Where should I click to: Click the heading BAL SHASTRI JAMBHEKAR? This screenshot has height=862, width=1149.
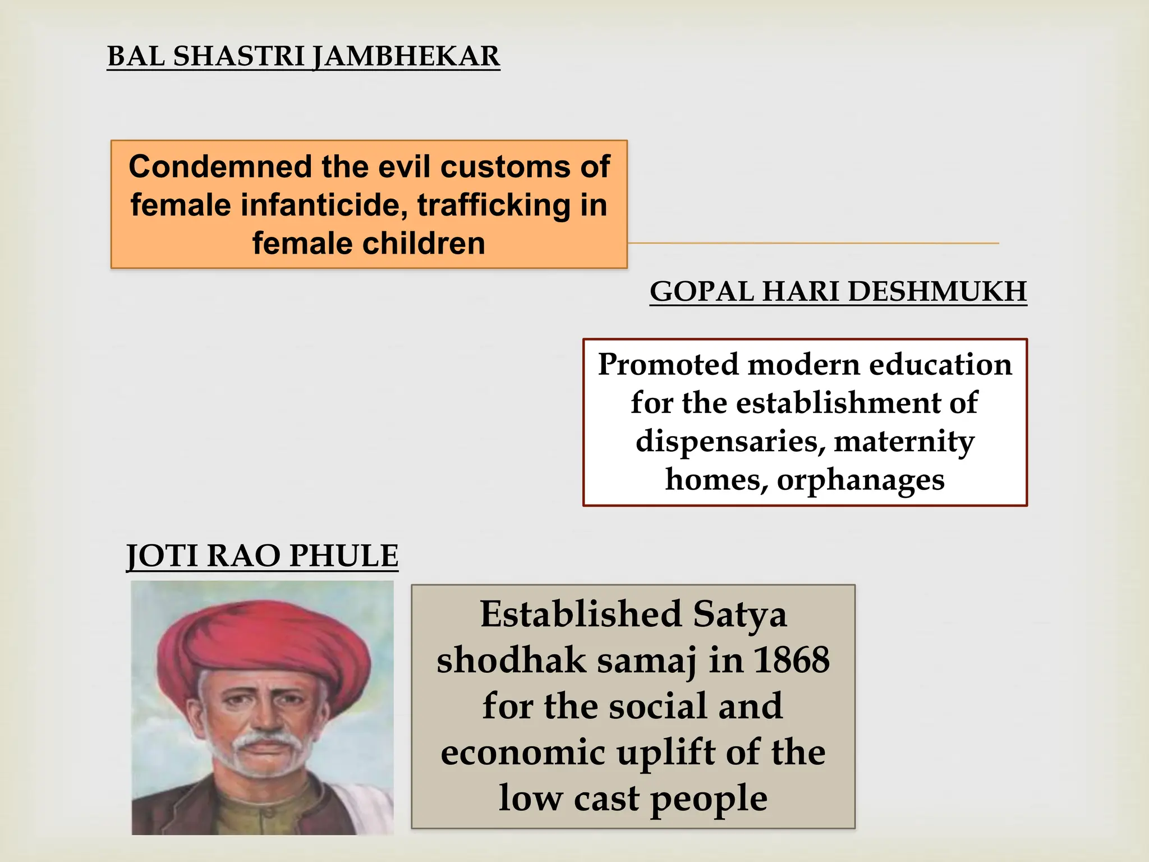[303, 57]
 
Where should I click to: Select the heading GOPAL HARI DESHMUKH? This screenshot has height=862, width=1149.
[838, 292]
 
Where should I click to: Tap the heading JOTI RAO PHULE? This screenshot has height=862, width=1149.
[262, 556]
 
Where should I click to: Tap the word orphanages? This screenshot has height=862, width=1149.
[860, 480]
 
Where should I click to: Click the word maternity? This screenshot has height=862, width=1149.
[904, 442]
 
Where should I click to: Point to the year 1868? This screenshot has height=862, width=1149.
[791, 660]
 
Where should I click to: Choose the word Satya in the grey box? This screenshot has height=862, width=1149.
[739, 615]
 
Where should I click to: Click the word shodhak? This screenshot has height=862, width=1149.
[511, 660]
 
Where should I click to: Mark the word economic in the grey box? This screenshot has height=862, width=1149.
[522, 753]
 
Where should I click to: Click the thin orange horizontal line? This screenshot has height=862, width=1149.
[814, 244]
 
